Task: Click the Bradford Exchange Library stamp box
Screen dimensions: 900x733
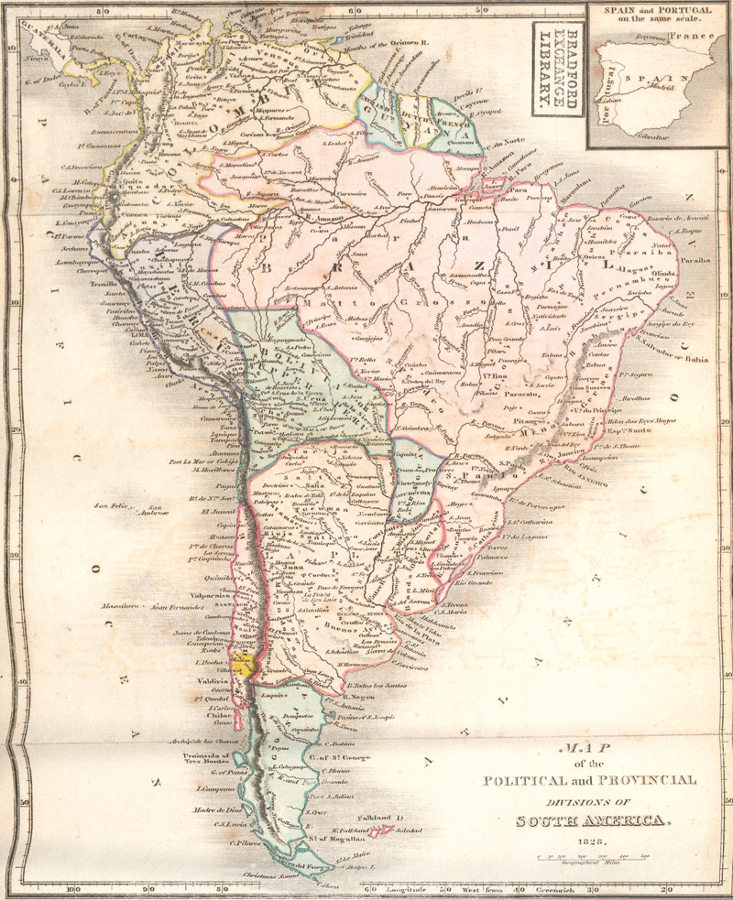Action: (x=556, y=69)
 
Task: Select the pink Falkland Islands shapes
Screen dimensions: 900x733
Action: (x=386, y=830)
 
